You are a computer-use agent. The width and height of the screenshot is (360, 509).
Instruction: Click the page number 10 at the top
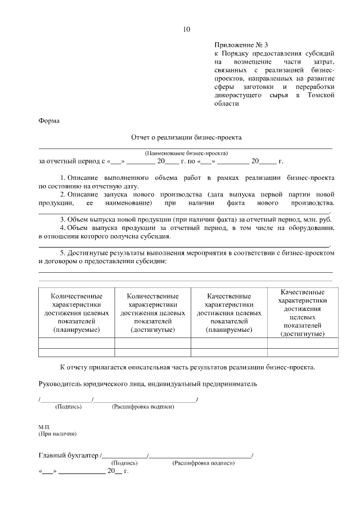click(x=187, y=30)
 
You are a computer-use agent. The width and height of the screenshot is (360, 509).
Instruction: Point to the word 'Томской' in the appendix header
click(x=321, y=96)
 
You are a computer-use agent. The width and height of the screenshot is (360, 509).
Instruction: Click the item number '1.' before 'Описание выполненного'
click(x=64, y=178)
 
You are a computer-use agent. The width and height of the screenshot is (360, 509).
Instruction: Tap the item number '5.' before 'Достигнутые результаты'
click(x=64, y=253)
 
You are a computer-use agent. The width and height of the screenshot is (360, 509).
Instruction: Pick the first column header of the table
click(x=76, y=312)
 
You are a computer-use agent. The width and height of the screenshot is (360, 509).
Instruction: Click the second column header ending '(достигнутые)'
click(x=153, y=312)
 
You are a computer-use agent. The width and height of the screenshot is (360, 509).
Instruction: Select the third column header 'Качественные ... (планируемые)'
click(x=229, y=312)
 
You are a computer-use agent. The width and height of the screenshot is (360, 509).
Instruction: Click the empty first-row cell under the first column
click(x=76, y=343)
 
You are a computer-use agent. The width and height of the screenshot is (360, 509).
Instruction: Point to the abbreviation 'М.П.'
click(x=44, y=427)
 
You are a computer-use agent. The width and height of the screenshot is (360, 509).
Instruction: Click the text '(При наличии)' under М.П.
click(x=57, y=434)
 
